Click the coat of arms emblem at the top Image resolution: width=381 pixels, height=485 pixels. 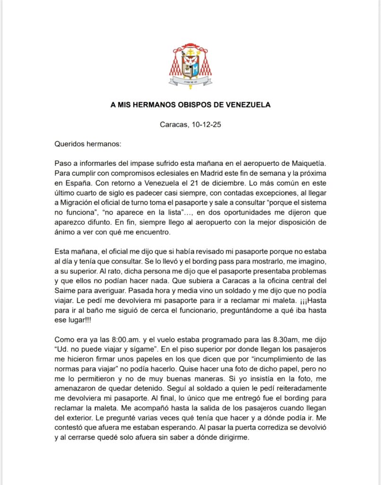pyautogui.click(x=190, y=66)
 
